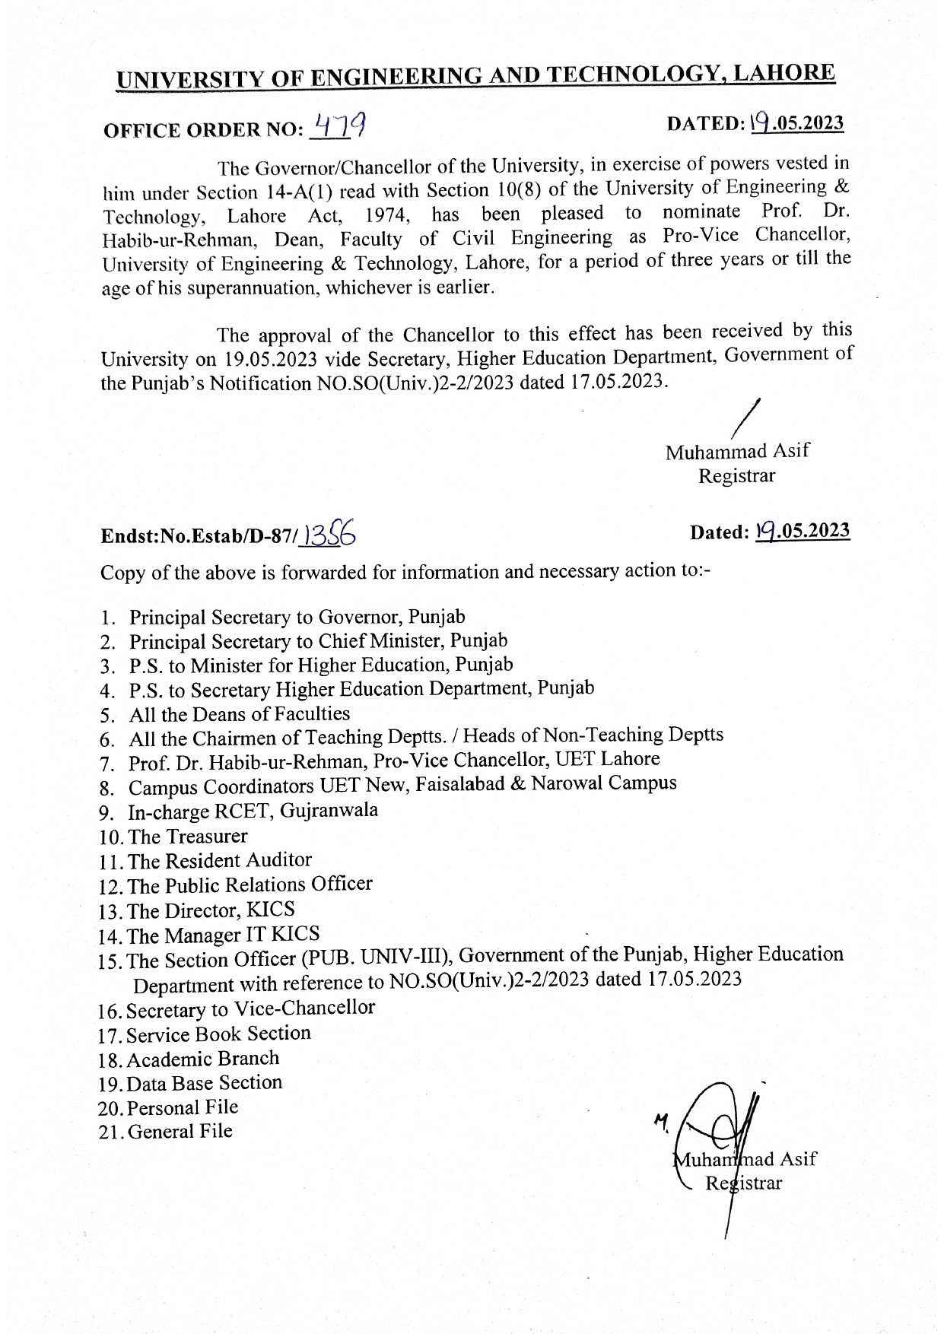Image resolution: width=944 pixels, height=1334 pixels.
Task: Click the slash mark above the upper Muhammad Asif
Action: tap(749, 418)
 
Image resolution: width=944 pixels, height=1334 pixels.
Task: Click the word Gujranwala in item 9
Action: tap(329, 811)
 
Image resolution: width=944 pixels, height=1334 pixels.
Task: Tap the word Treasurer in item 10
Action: tap(205, 837)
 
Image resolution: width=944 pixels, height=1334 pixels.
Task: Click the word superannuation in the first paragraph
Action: tap(251, 289)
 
